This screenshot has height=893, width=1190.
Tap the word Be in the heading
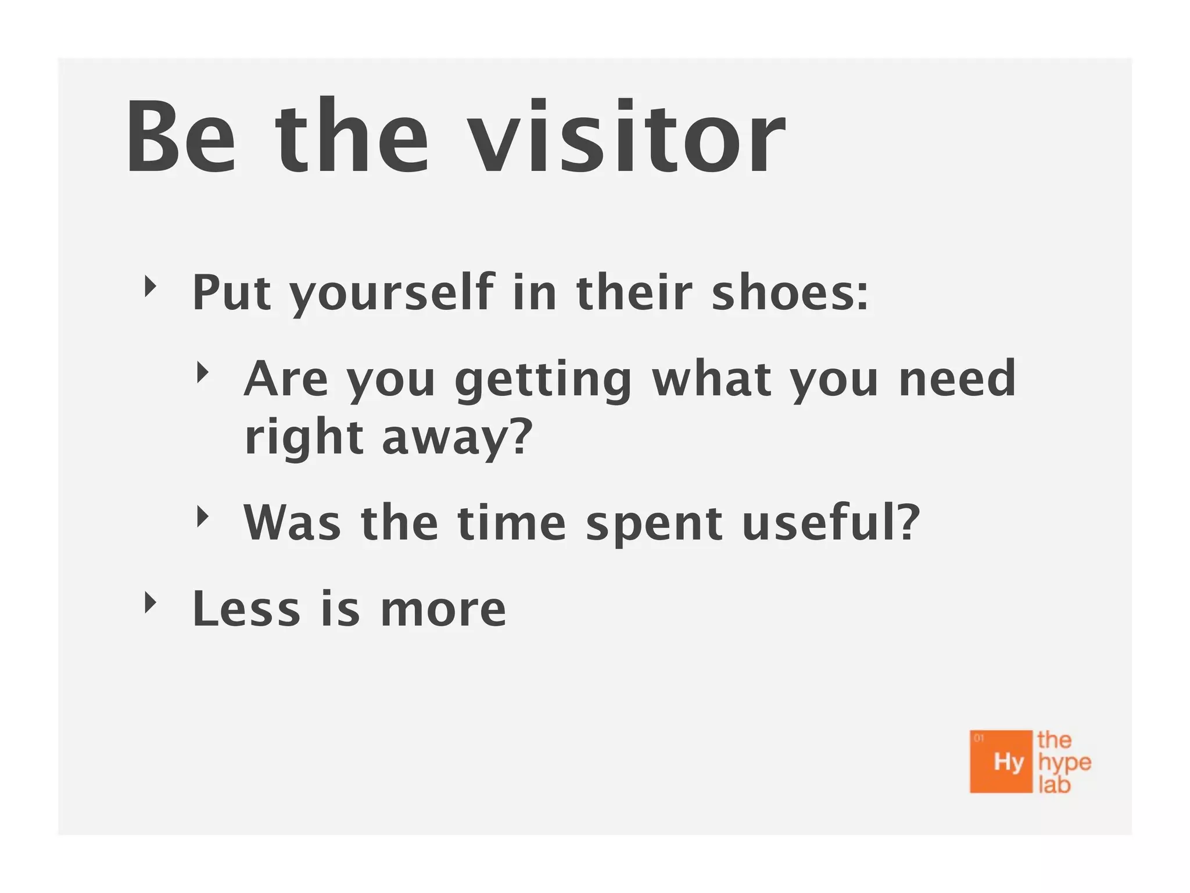click(181, 138)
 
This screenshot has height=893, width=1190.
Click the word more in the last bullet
click(443, 610)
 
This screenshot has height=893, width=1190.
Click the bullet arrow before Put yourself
click(150, 286)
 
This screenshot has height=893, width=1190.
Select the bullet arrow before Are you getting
click(202, 372)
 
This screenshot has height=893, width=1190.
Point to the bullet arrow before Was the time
click(202, 516)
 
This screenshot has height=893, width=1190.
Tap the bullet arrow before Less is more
click(150, 603)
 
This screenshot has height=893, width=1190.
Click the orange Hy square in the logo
click(1001, 761)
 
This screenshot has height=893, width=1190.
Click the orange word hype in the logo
click(1064, 763)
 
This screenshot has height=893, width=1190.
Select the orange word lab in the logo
click(1054, 785)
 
